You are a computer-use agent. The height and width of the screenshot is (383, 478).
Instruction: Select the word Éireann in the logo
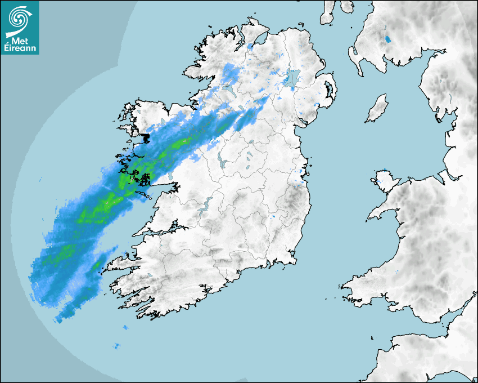click(20, 48)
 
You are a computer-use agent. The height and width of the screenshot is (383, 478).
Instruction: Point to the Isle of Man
click(377, 108)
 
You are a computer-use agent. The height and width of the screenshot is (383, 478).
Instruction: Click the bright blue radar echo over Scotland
click(386, 39)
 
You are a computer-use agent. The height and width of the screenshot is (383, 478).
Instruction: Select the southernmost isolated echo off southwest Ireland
click(116, 346)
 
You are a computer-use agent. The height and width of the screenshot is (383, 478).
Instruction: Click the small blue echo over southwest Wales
click(398, 272)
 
